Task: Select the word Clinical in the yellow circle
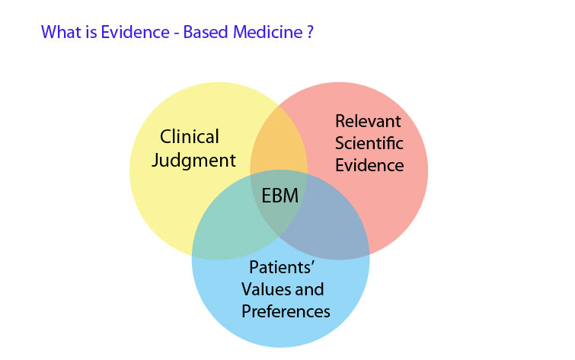tap(190, 137)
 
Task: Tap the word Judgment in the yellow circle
tap(195, 161)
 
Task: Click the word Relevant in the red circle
tap(368, 120)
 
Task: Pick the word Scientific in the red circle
tap(369, 142)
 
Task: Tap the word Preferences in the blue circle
tap(286, 312)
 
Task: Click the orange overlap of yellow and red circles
tap(279, 145)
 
